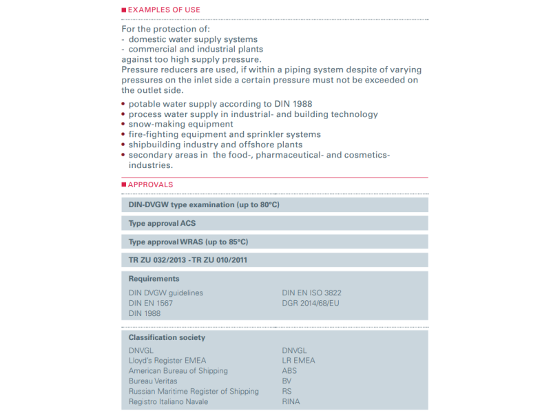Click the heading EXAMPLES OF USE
pyautogui.click(x=164, y=10)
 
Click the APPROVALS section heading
pyautogui.click(x=150, y=184)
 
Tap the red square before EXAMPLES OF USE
pyautogui.click(x=123, y=10)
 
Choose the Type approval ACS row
pyautogui.click(x=163, y=223)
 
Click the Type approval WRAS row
pyautogui.click(x=188, y=242)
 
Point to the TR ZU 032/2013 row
pyautogui.click(x=188, y=260)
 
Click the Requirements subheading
pyautogui.click(x=154, y=279)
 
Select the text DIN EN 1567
pyautogui.click(x=151, y=303)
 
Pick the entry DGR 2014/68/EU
pyautogui.click(x=311, y=303)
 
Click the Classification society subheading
pyautogui.click(x=167, y=337)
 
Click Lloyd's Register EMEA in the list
pyautogui.click(x=167, y=360)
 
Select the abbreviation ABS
pyautogui.click(x=290, y=370)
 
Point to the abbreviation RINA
pyautogui.click(x=291, y=401)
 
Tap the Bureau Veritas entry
pyautogui.click(x=153, y=381)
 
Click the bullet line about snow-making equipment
pyautogui.click(x=180, y=124)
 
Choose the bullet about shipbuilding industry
pyautogui.click(x=215, y=145)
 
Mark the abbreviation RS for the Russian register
pyautogui.click(x=287, y=391)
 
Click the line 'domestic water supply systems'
pyautogui.click(x=192, y=39)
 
